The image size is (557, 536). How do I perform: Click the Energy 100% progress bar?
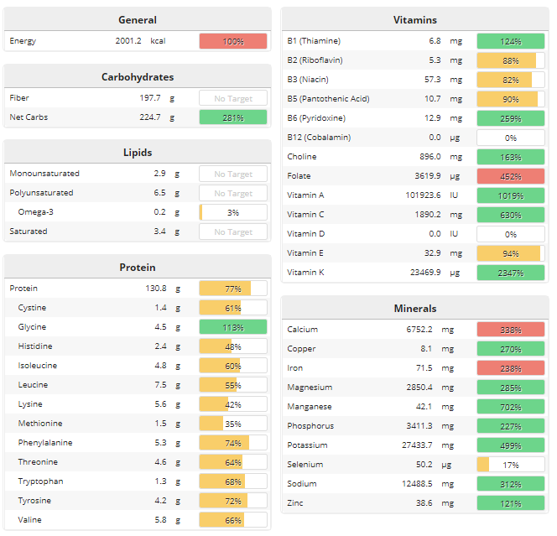tap(232, 41)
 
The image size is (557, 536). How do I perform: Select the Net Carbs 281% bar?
tap(232, 117)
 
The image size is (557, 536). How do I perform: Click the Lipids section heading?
tap(137, 153)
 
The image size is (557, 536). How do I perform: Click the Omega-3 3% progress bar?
tap(232, 212)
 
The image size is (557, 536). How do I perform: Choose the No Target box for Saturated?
tap(232, 232)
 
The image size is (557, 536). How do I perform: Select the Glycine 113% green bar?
tap(232, 327)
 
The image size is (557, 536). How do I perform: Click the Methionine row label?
tap(40, 424)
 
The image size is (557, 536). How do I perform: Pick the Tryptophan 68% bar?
tap(232, 481)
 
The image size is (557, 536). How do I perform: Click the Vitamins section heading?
tap(414, 20)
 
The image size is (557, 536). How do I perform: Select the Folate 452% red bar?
tap(510, 175)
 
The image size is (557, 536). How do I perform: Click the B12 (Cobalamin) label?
tap(319, 137)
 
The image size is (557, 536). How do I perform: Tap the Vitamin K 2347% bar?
tap(510, 273)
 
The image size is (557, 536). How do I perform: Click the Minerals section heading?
tap(414, 309)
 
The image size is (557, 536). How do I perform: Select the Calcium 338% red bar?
tap(510, 330)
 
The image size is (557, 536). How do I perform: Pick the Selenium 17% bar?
tap(510, 465)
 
